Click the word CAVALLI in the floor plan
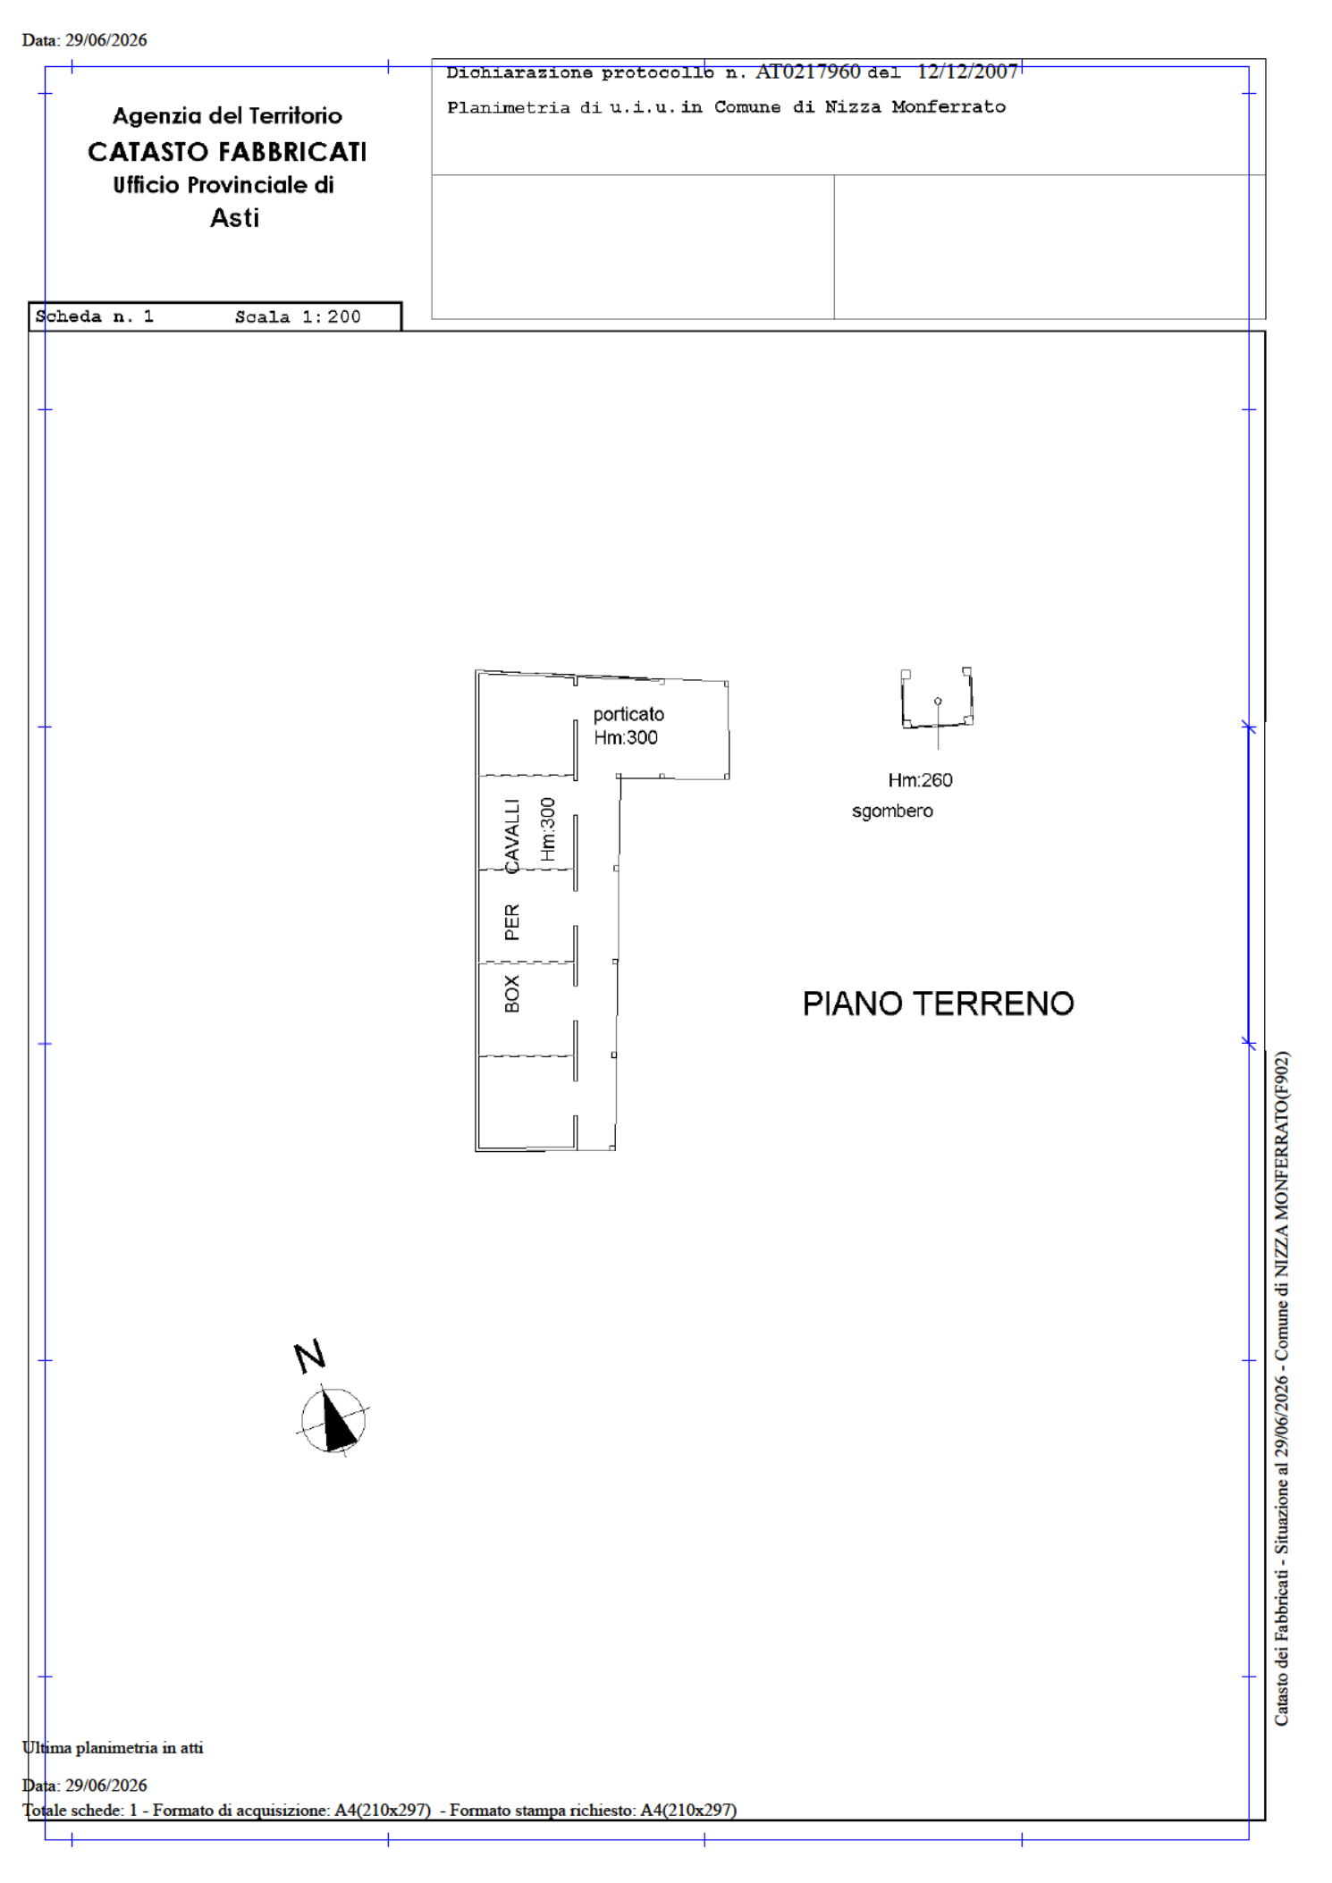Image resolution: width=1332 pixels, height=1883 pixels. [511, 836]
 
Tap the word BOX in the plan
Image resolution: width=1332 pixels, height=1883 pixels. [512, 994]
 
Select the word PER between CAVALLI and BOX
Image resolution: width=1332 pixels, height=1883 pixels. [512, 922]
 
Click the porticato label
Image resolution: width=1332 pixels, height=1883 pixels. [628, 714]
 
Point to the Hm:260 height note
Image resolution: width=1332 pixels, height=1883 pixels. [920, 780]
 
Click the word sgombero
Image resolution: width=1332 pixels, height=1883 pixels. [892, 811]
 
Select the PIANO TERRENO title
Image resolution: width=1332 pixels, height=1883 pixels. [938, 1004]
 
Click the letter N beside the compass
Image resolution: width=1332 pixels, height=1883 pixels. [310, 1357]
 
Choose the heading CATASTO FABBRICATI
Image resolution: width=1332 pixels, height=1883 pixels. [227, 153]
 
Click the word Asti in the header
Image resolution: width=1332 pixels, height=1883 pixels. [234, 218]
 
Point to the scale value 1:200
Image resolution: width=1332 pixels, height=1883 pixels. [331, 316]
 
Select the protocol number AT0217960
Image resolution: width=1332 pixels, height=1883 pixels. [807, 71]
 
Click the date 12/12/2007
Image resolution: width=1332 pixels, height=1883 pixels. [967, 71]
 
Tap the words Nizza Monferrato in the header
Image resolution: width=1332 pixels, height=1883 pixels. [915, 107]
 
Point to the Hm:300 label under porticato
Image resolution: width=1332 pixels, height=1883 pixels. [626, 737]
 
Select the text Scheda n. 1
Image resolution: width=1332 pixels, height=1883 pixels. [94, 316]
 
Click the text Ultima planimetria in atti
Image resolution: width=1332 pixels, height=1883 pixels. [113, 1748]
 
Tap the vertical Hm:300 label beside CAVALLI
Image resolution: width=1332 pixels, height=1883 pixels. [547, 829]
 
